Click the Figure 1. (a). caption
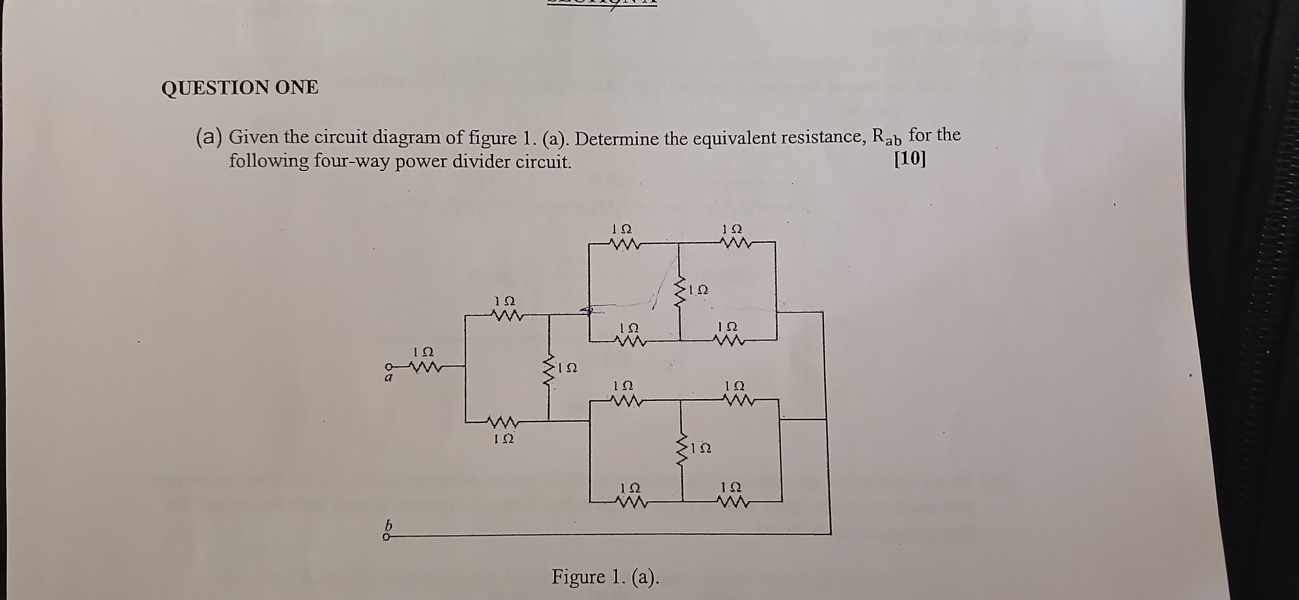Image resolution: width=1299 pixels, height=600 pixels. point(606,576)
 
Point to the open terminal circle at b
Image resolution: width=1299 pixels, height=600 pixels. point(386,538)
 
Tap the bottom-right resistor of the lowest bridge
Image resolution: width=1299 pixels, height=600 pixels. point(732,502)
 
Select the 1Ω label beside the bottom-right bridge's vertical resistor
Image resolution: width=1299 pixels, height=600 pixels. point(701,447)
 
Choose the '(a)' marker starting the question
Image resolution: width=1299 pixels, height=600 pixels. point(209,137)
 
